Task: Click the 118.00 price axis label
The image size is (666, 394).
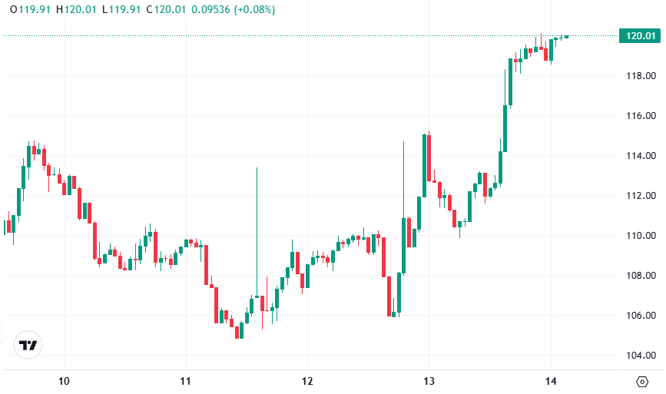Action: (x=640, y=76)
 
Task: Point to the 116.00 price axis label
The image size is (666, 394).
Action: (x=640, y=116)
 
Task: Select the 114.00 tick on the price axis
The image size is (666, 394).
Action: (x=640, y=156)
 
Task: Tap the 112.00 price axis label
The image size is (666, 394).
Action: (x=640, y=196)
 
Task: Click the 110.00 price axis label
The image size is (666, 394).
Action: (x=640, y=236)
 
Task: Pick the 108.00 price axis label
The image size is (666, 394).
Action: (x=640, y=276)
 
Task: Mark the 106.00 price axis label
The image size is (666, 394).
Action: (x=640, y=316)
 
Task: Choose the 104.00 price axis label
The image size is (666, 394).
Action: (x=640, y=356)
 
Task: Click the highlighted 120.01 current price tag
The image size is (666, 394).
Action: (x=640, y=35)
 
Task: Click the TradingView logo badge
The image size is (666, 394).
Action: (x=28, y=346)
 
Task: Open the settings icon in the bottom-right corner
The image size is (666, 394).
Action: (x=642, y=381)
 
